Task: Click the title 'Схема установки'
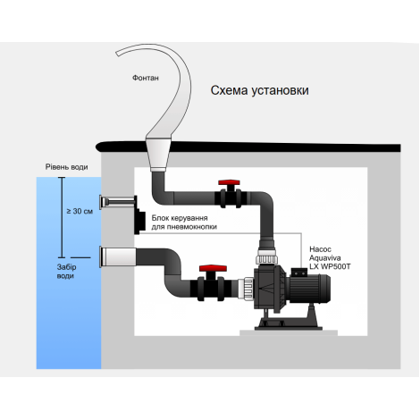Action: (259, 90)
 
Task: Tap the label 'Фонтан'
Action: (146, 78)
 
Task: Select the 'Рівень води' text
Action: (66, 167)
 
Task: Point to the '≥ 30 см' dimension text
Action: (80, 211)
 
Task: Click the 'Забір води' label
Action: (66, 272)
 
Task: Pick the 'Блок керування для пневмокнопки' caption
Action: (184, 223)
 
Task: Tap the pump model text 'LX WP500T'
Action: (330, 266)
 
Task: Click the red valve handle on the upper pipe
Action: (229, 183)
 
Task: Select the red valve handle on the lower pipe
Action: (213, 268)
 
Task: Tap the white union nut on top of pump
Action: (266, 257)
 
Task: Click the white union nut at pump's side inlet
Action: (246, 289)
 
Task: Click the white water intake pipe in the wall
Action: (118, 257)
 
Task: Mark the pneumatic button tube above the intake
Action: (117, 203)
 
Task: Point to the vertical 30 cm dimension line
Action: (62, 217)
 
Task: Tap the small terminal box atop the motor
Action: (298, 273)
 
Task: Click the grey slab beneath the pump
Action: (289, 332)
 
